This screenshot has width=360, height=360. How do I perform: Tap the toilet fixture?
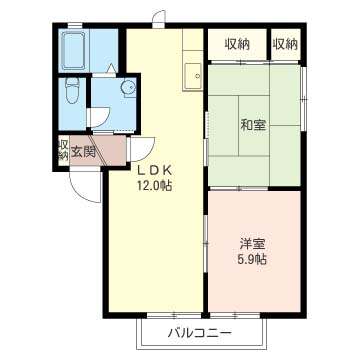pos(72,90)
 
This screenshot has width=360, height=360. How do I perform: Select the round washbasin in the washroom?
pos(128,88)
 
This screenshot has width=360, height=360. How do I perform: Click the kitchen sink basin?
pos(193,76)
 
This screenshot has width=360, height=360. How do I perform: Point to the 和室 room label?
pos(253,125)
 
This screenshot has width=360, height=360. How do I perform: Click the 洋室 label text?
pos(252,244)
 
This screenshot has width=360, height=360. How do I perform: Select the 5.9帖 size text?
pos(252,259)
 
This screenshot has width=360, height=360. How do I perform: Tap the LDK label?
pos(155,171)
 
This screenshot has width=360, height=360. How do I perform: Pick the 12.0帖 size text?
pos(154,185)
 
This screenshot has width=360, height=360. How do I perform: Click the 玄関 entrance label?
pos(83,152)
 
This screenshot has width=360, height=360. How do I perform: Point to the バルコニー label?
pos(200,333)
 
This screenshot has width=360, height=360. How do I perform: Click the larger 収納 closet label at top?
pos(237,44)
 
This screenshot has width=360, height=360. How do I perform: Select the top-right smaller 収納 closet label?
pos(285,44)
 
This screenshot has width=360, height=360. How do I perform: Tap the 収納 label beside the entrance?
pos(63,150)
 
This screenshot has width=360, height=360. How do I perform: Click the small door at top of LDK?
pos(159,18)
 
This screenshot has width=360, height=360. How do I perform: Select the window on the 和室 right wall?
pos(303,99)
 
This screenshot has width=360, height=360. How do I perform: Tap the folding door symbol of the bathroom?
pos(111,68)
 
